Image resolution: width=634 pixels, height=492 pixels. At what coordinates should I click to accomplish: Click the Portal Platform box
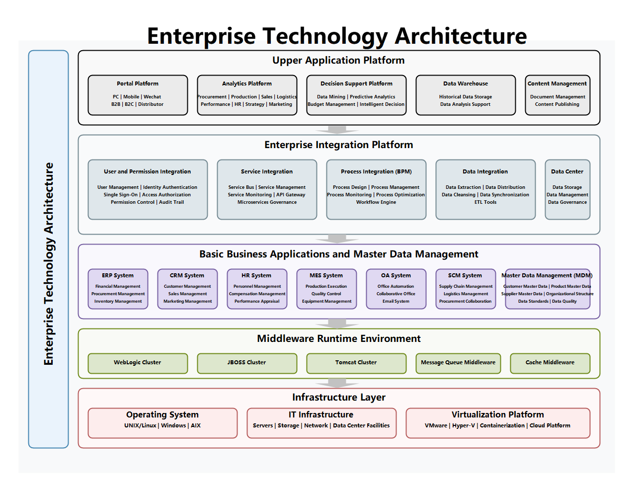pyautogui.click(x=138, y=95)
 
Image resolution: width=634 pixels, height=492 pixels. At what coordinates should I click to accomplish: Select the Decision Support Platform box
pyautogui.click(x=356, y=95)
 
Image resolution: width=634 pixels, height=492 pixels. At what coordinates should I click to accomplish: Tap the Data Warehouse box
pyautogui.click(x=466, y=95)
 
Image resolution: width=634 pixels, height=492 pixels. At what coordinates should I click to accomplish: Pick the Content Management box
pyautogui.click(x=557, y=95)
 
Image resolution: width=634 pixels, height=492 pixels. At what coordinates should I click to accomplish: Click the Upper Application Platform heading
pyautogui.click(x=338, y=61)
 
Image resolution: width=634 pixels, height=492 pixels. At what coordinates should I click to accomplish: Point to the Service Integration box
pyautogui.click(x=267, y=189)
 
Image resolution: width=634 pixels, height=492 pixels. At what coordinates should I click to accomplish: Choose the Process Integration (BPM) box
pyautogui.click(x=376, y=189)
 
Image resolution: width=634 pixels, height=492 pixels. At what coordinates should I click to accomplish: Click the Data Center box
pyautogui.click(x=567, y=189)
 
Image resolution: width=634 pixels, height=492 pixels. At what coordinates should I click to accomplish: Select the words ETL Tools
pyautogui.click(x=485, y=202)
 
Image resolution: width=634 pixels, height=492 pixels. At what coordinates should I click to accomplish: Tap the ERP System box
pyautogui.click(x=118, y=289)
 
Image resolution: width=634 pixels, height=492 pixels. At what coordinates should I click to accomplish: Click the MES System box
pyautogui.click(x=326, y=289)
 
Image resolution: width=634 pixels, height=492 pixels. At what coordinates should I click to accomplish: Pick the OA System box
pyautogui.click(x=396, y=289)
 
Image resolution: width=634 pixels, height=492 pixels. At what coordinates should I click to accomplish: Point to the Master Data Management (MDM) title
pyautogui.click(x=547, y=275)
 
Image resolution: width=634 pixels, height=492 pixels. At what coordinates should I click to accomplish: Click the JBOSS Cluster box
pyautogui.click(x=247, y=363)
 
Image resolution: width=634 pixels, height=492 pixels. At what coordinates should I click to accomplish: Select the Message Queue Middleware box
pyautogui.click(x=458, y=363)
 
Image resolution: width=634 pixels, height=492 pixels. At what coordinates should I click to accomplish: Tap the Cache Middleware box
pyautogui.click(x=550, y=363)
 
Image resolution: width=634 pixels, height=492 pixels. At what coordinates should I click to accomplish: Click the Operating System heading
pyautogui.click(x=162, y=414)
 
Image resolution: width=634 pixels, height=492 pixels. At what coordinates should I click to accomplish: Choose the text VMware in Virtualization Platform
pyautogui.click(x=436, y=426)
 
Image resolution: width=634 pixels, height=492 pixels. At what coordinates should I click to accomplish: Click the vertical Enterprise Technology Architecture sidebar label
pyautogui.click(x=49, y=263)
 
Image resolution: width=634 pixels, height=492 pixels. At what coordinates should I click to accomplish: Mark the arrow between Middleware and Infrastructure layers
pyautogui.click(x=337, y=383)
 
